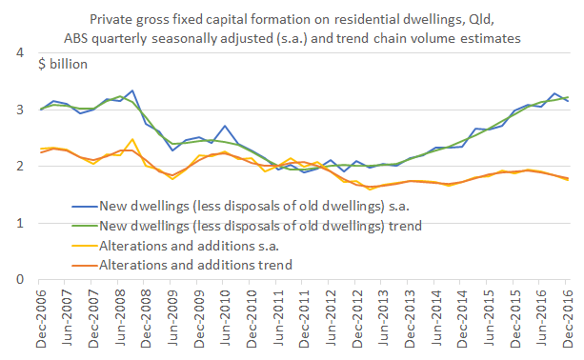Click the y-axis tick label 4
(x=19, y=53)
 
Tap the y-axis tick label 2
(x=19, y=167)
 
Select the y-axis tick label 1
(x=19, y=223)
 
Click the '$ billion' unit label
(x=63, y=65)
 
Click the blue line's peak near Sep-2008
(x=131, y=91)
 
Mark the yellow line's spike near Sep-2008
(x=131, y=140)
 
